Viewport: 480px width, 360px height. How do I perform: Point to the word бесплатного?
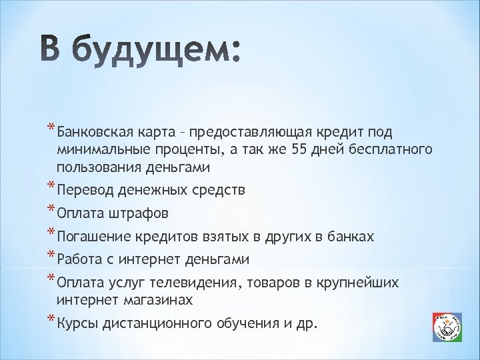point(387,149)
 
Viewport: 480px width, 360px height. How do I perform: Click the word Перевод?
point(86,190)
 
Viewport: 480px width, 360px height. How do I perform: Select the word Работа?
point(79,259)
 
